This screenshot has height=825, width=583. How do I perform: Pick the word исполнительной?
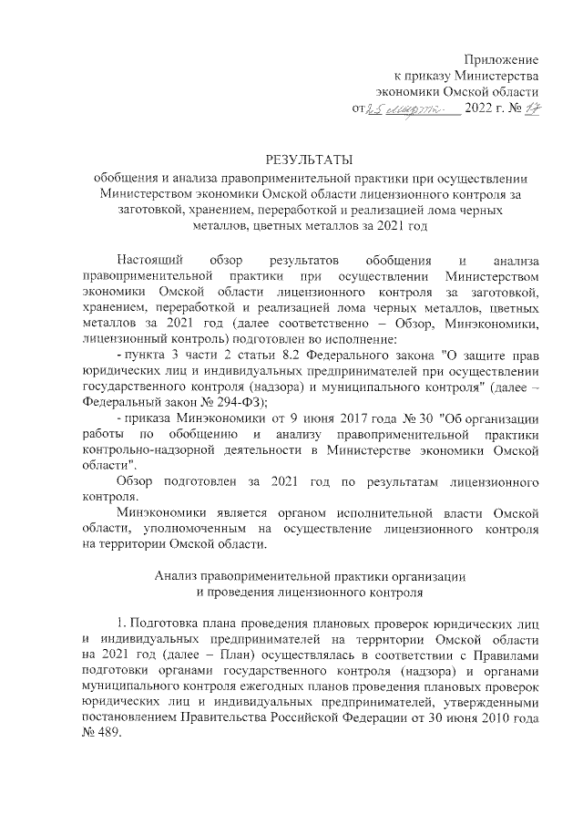point(325,513)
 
